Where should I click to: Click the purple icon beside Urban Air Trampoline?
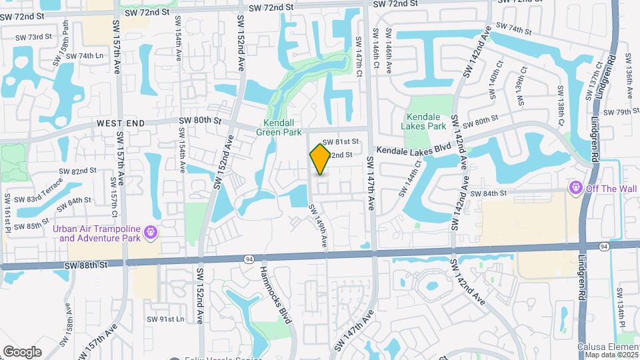(151, 232)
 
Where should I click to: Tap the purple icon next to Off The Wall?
(577, 189)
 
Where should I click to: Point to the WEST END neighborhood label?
(120, 124)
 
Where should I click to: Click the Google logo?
(22, 351)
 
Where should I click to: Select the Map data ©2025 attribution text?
(611, 354)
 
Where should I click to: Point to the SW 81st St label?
(341, 142)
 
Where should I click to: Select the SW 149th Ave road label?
(317, 227)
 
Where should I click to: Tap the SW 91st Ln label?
(165, 319)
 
